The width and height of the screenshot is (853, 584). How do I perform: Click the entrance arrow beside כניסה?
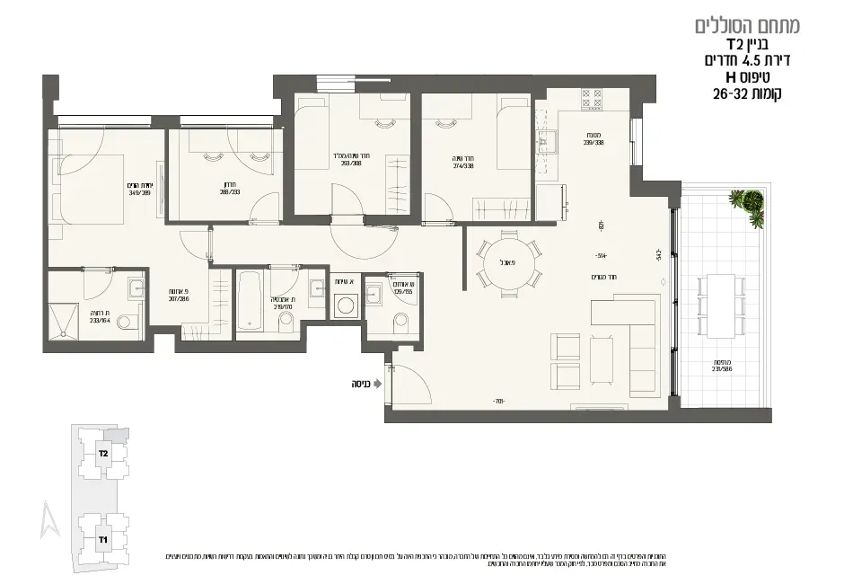pos(378,383)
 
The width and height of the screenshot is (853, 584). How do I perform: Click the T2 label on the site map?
pos(104,454)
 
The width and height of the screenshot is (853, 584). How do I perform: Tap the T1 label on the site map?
pos(103,539)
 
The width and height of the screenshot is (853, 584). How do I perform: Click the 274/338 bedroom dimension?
pos(463,164)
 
